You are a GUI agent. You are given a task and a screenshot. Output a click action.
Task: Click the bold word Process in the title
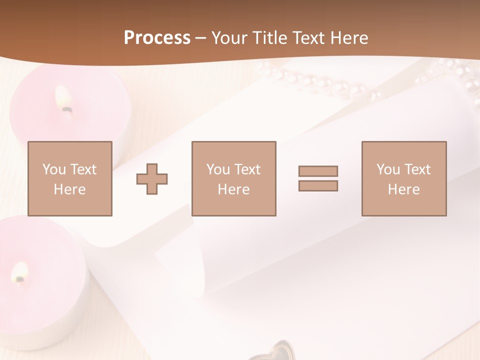(157, 38)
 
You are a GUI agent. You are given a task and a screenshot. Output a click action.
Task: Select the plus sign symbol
(152, 178)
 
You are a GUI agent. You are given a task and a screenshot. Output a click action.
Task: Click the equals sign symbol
(318, 178)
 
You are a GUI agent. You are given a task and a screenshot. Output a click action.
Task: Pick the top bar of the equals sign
(318, 171)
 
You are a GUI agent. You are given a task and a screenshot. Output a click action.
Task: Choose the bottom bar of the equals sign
(318, 186)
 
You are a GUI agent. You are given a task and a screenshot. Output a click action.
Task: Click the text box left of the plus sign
(70, 178)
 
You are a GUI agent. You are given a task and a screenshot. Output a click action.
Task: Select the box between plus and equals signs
(233, 178)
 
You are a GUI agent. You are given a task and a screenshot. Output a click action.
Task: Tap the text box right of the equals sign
(404, 178)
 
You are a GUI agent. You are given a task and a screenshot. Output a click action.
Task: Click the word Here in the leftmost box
(69, 189)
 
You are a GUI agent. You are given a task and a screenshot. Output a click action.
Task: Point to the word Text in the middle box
(246, 169)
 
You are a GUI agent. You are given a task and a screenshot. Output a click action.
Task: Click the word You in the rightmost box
(388, 169)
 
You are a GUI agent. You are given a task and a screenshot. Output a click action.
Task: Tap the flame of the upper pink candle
(64, 97)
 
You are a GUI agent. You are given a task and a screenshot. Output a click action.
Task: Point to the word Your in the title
(230, 38)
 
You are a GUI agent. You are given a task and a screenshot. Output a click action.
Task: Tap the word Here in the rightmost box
(403, 189)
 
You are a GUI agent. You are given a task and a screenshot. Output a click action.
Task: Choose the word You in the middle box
(218, 169)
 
